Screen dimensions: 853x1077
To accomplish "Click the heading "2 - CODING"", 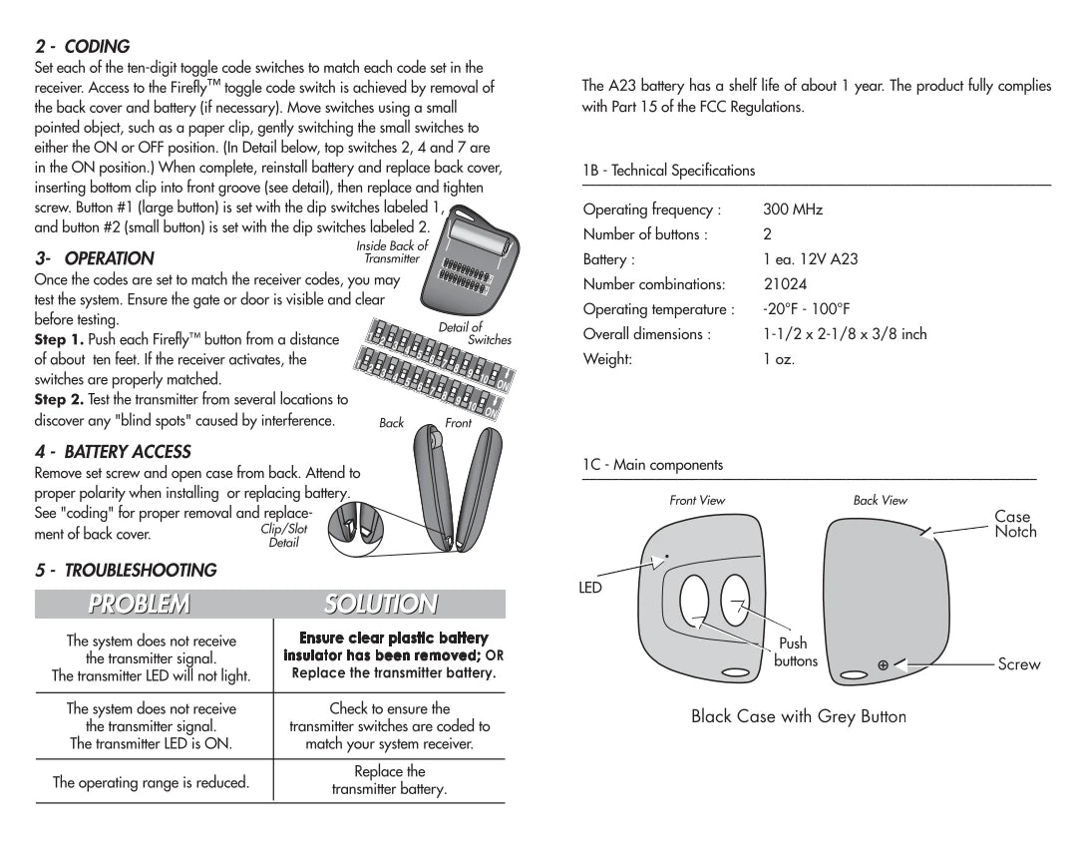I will pos(83,47).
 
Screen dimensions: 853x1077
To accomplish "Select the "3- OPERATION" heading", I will pos(95,258).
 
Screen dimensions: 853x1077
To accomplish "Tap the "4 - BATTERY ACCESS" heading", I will pos(113,452).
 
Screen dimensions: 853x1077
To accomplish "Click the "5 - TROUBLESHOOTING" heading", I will pos(126,571).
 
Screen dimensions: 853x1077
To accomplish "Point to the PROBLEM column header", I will pos(139,604).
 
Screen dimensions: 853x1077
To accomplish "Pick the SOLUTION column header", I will pos(380,604).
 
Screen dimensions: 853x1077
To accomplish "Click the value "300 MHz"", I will pos(793,211).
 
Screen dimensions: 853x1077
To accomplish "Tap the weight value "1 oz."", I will pos(779,359).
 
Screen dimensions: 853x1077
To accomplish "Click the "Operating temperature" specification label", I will pos(658,309).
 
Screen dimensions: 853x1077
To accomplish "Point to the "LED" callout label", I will pos(590,588).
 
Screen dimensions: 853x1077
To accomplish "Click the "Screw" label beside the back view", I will pos(1018,664).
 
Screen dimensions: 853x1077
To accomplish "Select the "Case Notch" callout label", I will pos(1014,524).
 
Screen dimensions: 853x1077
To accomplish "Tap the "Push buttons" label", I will pos(795,652).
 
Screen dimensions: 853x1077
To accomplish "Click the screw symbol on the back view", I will pos(883,665).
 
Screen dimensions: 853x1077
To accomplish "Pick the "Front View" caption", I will pos(697,500).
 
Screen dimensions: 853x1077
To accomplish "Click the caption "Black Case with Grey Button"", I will pos(799,716).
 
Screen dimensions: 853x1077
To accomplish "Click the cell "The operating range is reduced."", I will pos(151,782).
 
